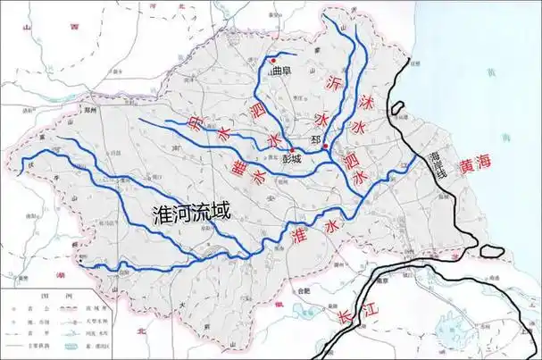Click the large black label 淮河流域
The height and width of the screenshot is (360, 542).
point(192,213)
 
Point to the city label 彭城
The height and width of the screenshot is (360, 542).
point(291,161)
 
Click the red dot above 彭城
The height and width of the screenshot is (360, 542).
point(292,150)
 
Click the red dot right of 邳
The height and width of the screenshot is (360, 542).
point(326,146)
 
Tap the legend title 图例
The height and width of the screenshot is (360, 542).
point(38,291)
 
